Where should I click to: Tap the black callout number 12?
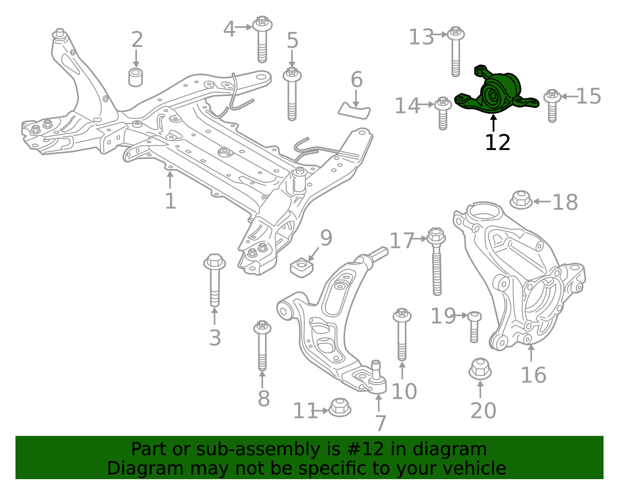tap(498, 143)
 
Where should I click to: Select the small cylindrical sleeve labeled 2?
tap(135, 77)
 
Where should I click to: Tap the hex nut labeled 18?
tap(521, 200)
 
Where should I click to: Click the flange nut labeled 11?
tap(340, 407)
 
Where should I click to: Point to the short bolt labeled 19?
tap(474, 327)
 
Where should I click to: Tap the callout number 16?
tap(534, 375)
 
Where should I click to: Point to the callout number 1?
tap(171, 201)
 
